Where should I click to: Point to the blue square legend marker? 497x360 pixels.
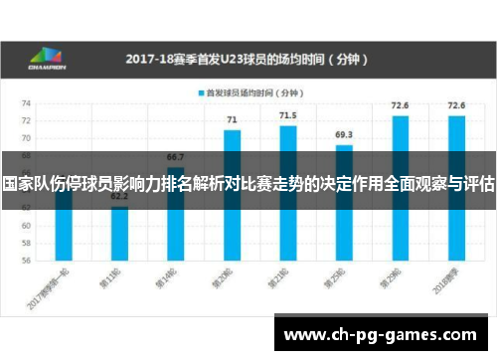pos(202,93)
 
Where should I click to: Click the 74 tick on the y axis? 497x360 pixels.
pos(27,103)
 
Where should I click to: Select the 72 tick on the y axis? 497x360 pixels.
pos(27,121)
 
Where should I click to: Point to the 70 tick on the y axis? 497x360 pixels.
pos(27,139)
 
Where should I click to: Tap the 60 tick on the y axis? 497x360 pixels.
pos(27,225)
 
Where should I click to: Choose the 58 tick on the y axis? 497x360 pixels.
pos(27,243)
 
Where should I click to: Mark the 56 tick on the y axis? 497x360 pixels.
pos(27,261)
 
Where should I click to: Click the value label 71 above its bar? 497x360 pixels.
pos(232,120)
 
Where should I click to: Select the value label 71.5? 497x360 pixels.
pos(287,115)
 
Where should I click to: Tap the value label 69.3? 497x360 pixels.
pos(344,135)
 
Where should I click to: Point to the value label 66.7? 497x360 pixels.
pos(175,157)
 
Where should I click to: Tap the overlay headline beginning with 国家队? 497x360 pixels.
pos(248,184)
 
